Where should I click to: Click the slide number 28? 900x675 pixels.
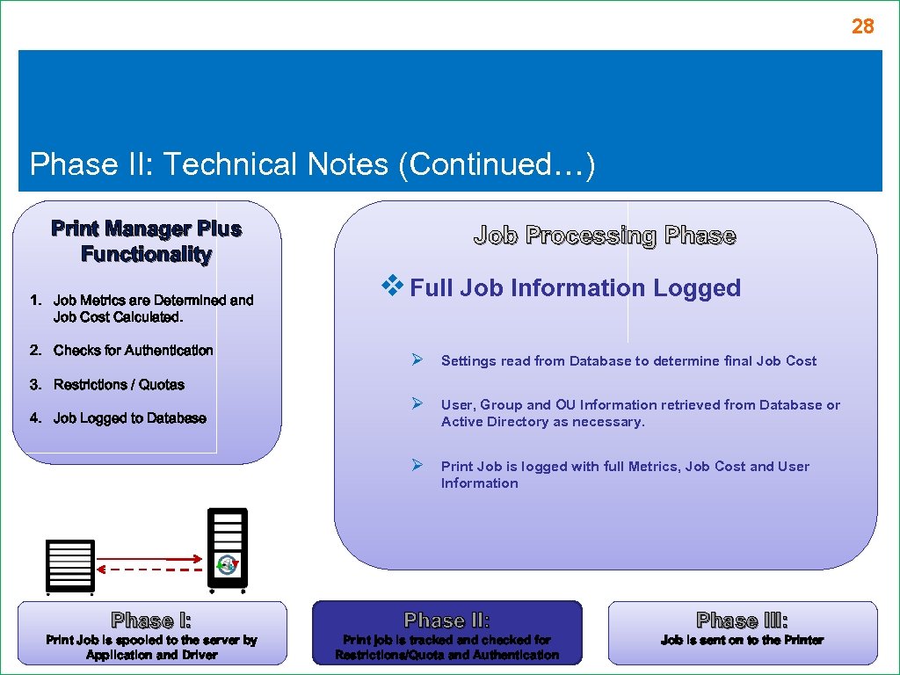[x=862, y=26]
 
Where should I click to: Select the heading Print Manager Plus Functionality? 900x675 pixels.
[x=147, y=242]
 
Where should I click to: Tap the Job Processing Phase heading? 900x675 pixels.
[x=605, y=236]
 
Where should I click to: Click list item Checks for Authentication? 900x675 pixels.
[x=133, y=350]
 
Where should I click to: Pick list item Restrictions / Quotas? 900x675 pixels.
[x=119, y=384]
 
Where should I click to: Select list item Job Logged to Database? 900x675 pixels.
[x=129, y=417]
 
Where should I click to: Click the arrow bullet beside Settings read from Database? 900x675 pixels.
[x=418, y=359]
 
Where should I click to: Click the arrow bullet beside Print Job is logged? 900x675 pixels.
[x=418, y=465]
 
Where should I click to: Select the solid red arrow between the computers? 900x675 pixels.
[x=147, y=558]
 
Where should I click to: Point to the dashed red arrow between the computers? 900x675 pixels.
[x=147, y=570]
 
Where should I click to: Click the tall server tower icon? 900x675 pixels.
[x=228, y=548]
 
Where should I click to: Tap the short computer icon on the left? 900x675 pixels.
[x=70, y=564]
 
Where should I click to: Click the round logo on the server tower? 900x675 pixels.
[x=228, y=564]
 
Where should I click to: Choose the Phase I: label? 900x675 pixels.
[x=151, y=621]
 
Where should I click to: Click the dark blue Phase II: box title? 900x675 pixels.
[x=447, y=621]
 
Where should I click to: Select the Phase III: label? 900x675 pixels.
[x=742, y=621]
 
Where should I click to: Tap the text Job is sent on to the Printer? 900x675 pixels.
[x=742, y=640]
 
